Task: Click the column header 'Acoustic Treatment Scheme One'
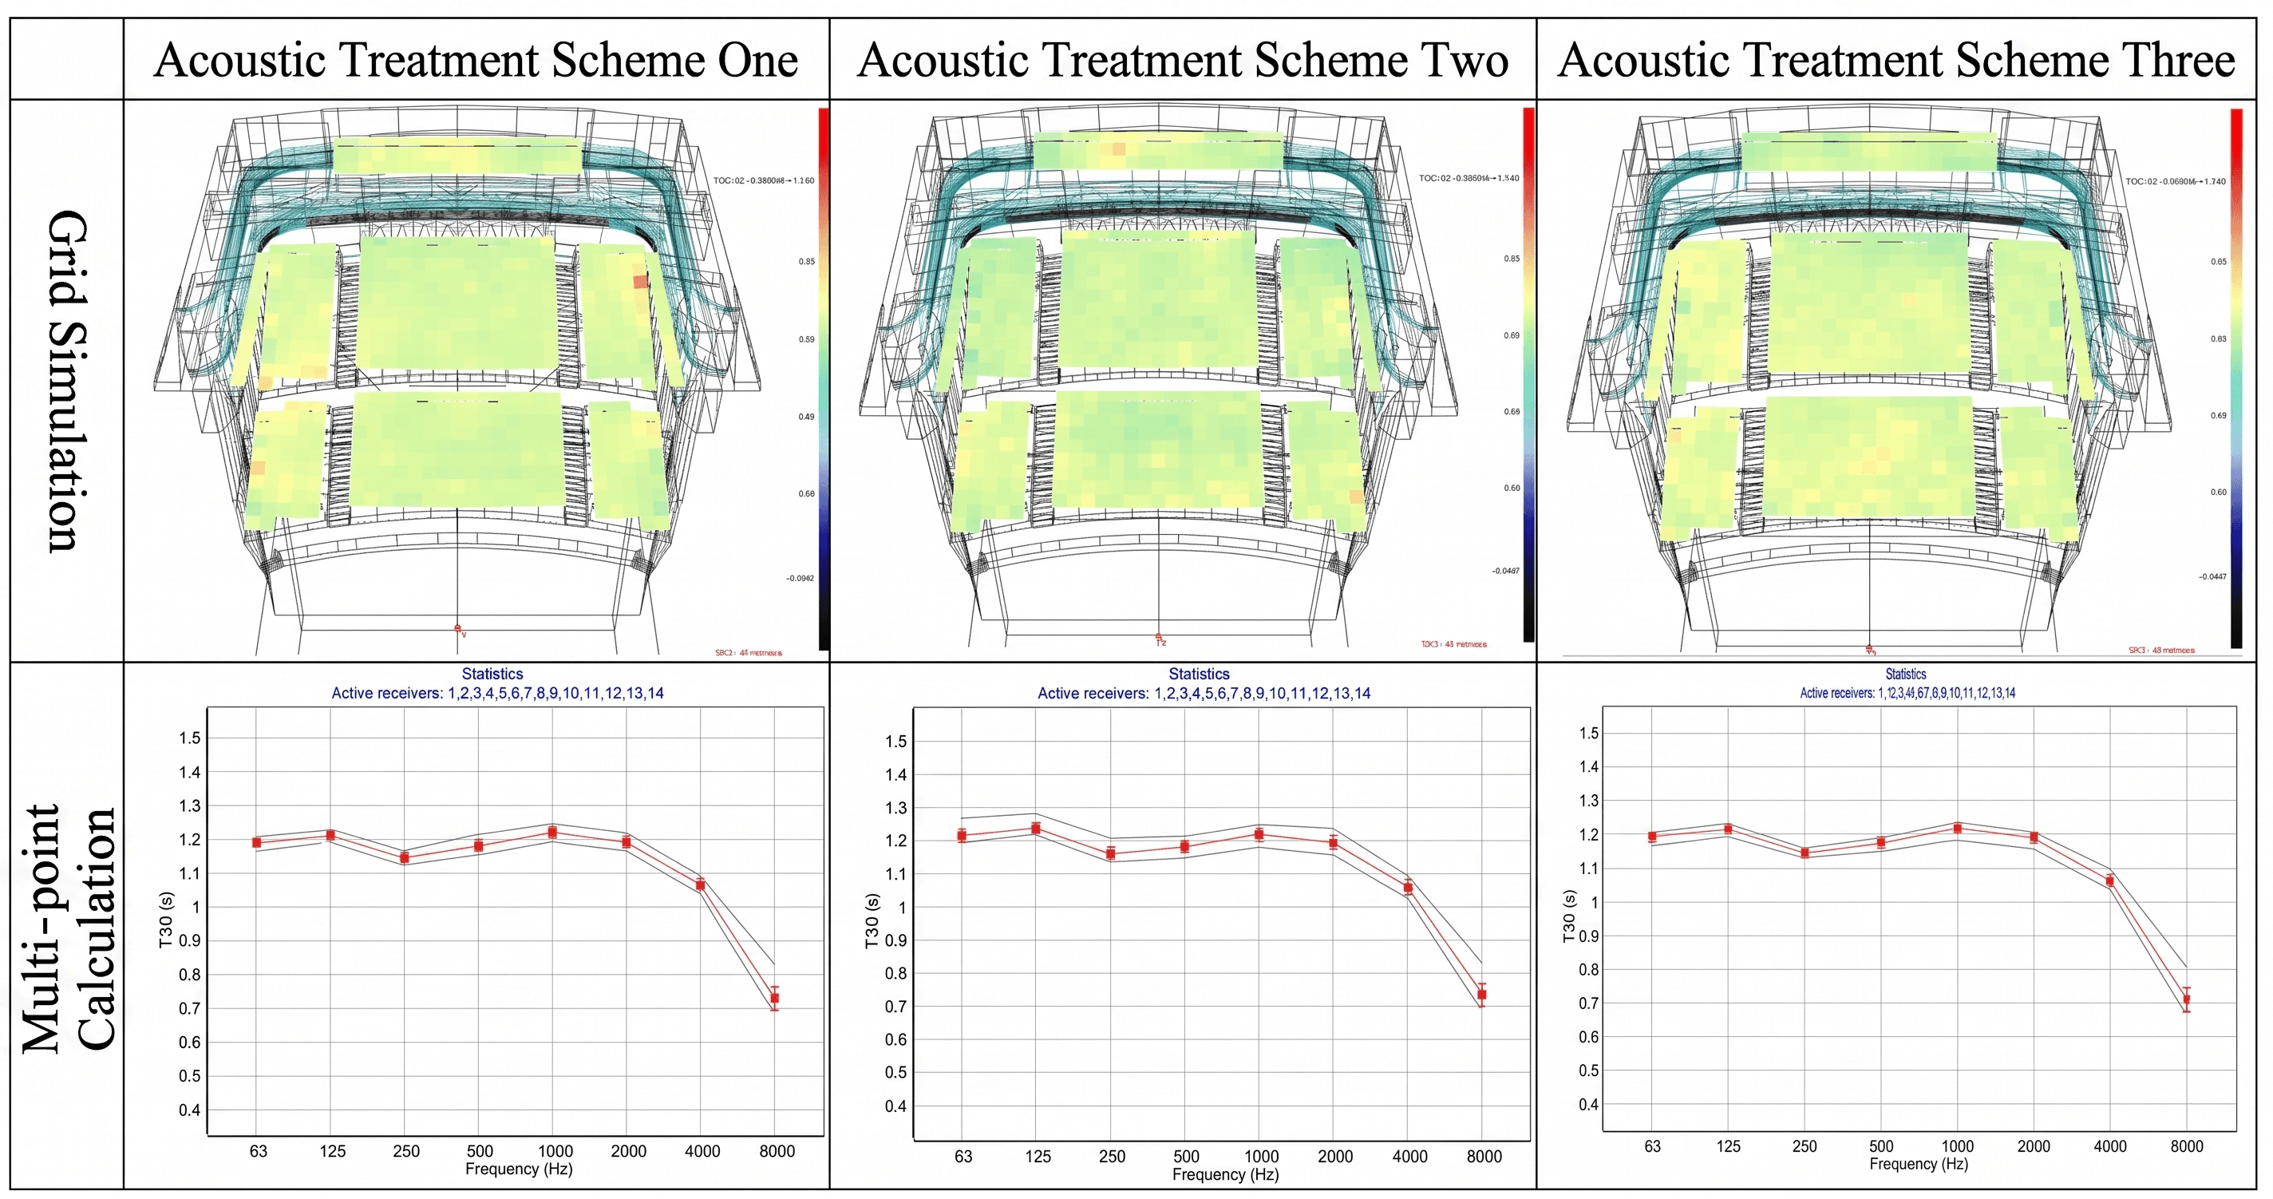point(476,60)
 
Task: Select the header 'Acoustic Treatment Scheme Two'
point(1182,60)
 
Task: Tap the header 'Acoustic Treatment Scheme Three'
point(1896,60)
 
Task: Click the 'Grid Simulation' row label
point(67,381)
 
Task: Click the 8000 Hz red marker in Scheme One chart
point(775,998)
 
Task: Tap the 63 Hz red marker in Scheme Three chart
point(1652,837)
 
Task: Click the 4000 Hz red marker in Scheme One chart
point(701,884)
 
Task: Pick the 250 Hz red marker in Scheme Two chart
point(1111,853)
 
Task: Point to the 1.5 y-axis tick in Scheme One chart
point(190,738)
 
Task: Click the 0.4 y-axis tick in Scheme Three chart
point(1588,1105)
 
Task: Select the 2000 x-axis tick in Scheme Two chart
point(1335,1157)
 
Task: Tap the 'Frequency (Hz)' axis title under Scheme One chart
point(519,1169)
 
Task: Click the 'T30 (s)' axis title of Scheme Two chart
point(872,921)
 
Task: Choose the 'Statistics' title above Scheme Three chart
point(1906,674)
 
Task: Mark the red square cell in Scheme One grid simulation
point(640,282)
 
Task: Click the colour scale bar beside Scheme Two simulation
point(1528,375)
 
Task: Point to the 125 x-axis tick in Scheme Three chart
point(1728,1146)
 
